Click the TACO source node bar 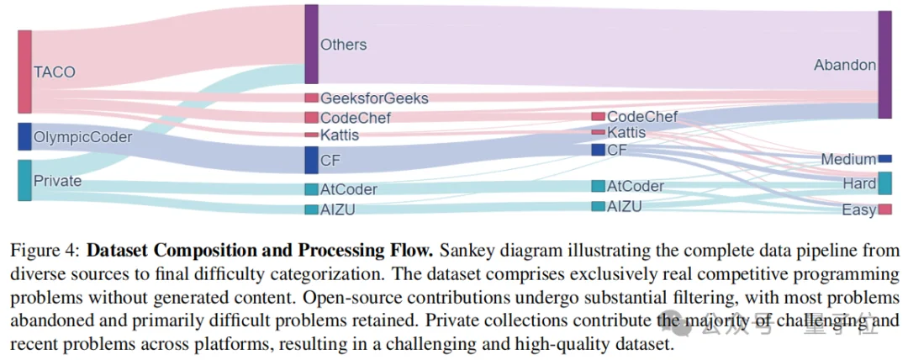coord(24,71)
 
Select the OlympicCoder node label coord(82,136)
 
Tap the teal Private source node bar coord(24,180)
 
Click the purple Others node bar coord(311,44)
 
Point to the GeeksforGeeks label coord(374,98)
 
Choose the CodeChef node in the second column coord(311,118)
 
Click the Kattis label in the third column coord(626,133)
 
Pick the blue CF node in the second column coord(311,160)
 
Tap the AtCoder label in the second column coord(349,190)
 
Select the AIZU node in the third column coord(598,206)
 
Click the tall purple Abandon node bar coord(884,65)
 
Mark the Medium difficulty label coord(848,160)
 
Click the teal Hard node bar coord(884,183)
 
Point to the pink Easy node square coord(884,209)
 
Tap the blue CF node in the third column coord(598,150)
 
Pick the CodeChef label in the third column coord(642,117)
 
